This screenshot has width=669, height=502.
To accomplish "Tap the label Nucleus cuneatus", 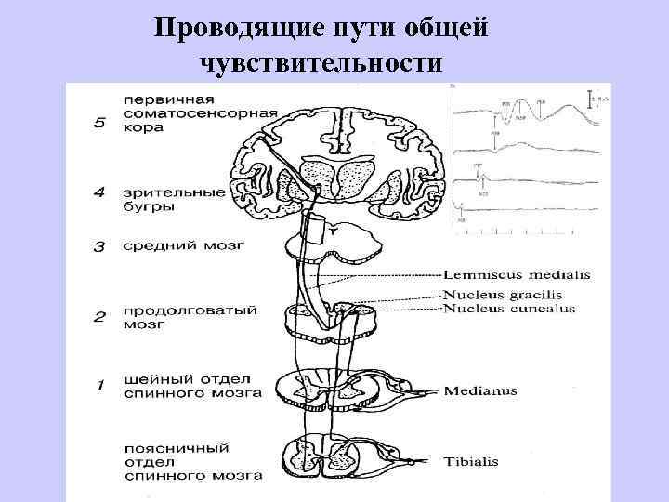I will (x=509, y=309).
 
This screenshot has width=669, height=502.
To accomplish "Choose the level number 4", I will (x=100, y=193).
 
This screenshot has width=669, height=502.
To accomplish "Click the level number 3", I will (x=100, y=245).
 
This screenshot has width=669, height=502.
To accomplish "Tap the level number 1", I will (x=100, y=383).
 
